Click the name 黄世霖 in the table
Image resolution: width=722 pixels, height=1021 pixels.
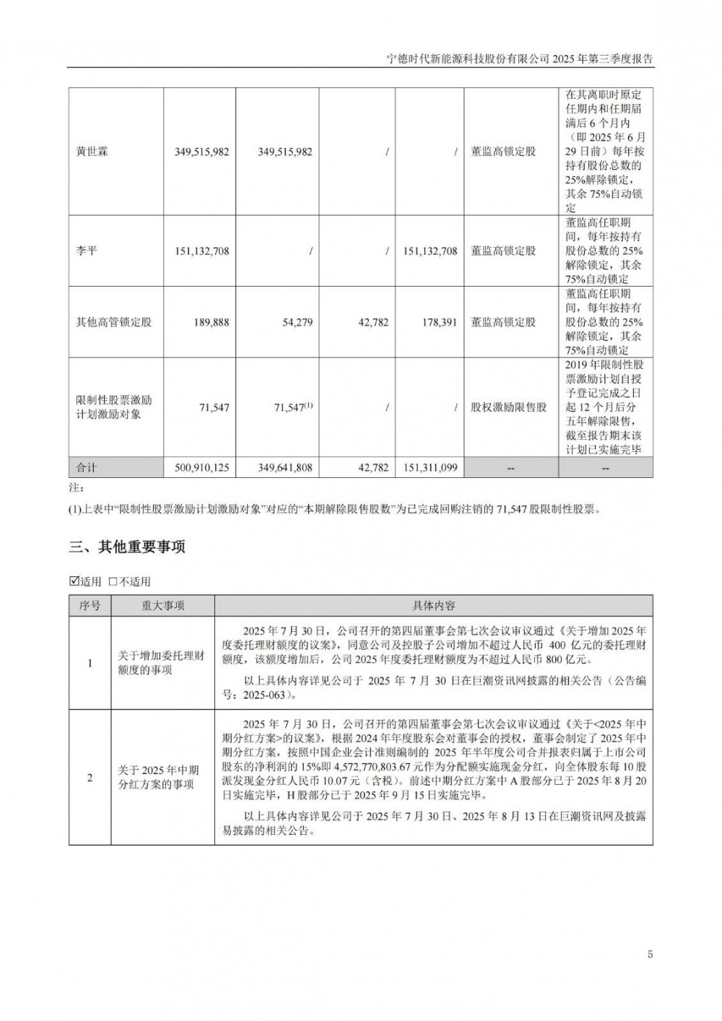tap(92, 152)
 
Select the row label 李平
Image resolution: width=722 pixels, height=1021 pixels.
tap(87, 251)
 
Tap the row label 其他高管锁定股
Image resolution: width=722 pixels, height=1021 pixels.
tap(114, 322)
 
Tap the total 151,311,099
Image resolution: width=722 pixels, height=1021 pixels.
tap(427, 468)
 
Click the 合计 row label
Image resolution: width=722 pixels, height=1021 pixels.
tap(87, 468)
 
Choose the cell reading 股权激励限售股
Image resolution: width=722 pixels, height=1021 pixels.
tap(508, 407)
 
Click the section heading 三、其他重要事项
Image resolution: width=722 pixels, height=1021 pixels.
tap(127, 547)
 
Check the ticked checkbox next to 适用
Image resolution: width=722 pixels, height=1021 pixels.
tap(74, 581)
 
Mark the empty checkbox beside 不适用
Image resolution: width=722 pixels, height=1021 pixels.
tap(113, 581)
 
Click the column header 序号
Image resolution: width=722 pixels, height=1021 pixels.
tap(90, 606)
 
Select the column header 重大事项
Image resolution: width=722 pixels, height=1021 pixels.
tap(162, 606)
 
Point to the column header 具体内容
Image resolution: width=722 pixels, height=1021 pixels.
tap(433, 606)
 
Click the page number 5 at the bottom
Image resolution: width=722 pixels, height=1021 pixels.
tap(650, 955)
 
